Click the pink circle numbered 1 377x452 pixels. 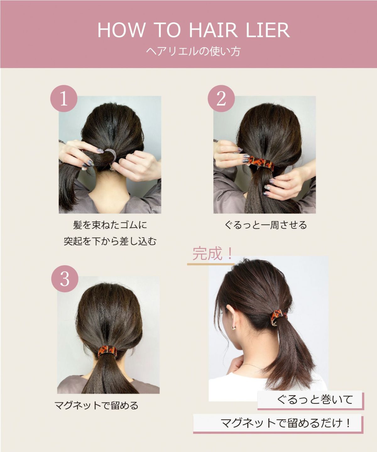point(64,99)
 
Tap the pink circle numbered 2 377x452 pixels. point(221,99)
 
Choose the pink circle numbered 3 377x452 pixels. point(65,279)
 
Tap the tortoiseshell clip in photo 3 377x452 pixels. point(107,351)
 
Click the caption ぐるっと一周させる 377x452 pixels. point(265,225)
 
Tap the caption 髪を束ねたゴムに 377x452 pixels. point(110,225)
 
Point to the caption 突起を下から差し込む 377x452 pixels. point(110,241)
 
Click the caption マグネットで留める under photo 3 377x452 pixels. point(96,406)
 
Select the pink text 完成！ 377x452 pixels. point(212,254)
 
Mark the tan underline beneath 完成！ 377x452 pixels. point(210,264)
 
